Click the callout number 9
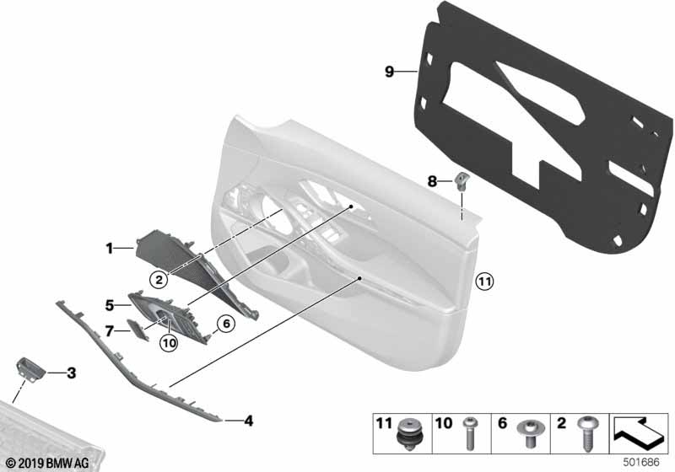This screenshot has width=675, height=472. pyautogui.click(x=389, y=72)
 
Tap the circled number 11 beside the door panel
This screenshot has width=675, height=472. pyautogui.click(x=484, y=282)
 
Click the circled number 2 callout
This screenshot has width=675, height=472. pyautogui.click(x=159, y=281)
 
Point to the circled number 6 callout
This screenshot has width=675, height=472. pyautogui.click(x=226, y=324)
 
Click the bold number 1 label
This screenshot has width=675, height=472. pyautogui.click(x=110, y=248)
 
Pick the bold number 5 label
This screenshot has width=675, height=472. pyautogui.click(x=110, y=306)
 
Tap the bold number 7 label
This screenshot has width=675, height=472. pyautogui.click(x=110, y=331)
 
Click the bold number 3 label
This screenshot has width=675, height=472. pyautogui.click(x=71, y=373)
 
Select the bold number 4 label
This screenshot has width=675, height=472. pyautogui.click(x=248, y=421)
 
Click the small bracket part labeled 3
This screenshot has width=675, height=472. pyautogui.click(x=30, y=369)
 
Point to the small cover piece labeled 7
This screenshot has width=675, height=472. pyautogui.click(x=138, y=330)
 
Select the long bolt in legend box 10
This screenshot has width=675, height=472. pyautogui.click(x=470, y=434)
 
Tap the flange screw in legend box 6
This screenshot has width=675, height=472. pyautogui.click(x=529, y=433)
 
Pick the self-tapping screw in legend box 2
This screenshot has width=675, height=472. pyautogui.click(x=587, y=433)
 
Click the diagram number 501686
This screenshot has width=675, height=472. pyautogui.click(x=641, y=463)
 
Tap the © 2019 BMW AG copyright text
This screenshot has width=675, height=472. pyautogui.click(x=47, y=463)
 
